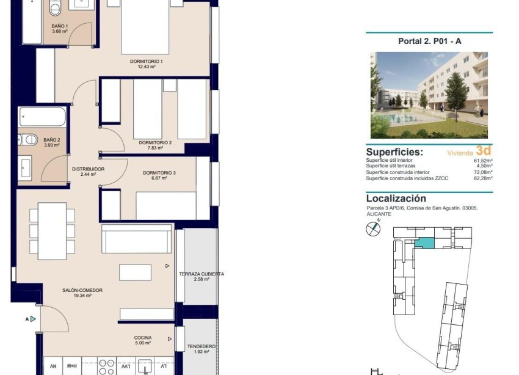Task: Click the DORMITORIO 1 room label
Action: coord(146,62)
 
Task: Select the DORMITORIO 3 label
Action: coord(159,173)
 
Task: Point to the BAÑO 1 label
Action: coord(59,26)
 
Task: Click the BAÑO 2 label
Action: coord(51,140)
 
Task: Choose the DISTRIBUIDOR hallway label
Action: coord(89,169)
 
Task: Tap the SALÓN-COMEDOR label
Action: coord(81,290)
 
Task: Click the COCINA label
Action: coord(143,338)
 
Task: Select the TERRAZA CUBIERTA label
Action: coord(201,274)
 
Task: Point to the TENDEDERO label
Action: coord(201,346)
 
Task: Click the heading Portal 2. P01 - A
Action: coord(429,42)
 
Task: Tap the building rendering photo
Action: coord(429,95)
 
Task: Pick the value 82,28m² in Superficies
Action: coord(480,178)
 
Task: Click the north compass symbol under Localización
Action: coord(372,229)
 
